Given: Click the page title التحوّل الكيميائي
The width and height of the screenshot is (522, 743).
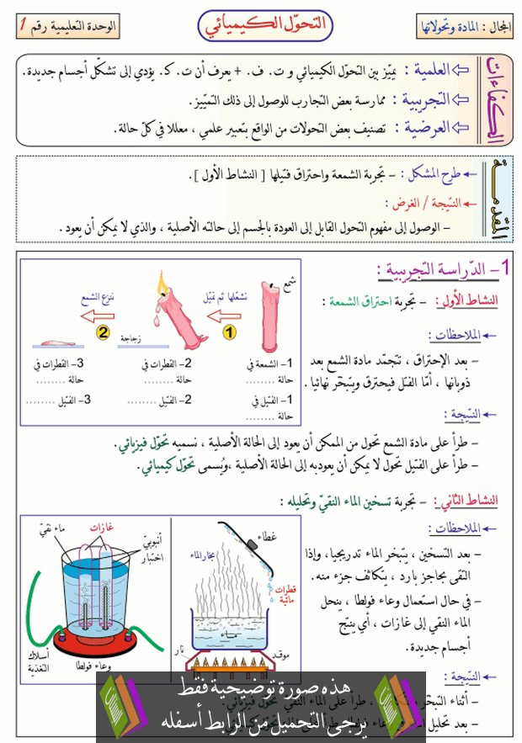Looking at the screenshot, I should [260, 25].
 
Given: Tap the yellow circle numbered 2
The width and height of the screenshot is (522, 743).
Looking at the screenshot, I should [103, 332].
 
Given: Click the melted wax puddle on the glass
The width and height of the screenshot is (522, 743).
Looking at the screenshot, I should [56, 342].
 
